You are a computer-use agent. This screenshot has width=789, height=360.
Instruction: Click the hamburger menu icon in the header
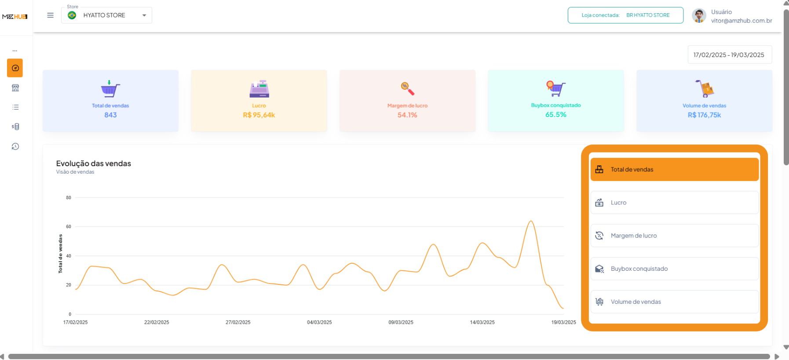coord(50,15)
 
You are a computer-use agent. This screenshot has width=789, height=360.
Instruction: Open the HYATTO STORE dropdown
coord(106,15)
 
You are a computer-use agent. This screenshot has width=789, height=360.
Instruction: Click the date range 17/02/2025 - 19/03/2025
coord(729,55)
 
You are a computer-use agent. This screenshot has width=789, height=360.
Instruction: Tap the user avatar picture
coord(699,16)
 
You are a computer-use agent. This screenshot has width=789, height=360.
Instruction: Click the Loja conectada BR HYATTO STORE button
coord(625,15)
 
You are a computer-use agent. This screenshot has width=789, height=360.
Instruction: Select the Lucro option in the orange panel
coord(674,203)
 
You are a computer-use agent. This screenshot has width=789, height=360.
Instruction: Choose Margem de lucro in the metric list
coord(674,236)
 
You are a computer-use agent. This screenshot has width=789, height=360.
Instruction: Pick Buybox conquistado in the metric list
coord(674,269)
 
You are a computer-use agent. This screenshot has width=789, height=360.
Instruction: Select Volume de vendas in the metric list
coord(674,302)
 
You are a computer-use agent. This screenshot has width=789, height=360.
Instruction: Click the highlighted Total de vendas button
coord(674,170)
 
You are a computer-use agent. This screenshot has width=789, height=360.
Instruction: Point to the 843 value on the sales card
coord(110,115)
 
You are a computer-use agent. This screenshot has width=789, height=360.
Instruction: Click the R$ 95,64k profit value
coord(259,115)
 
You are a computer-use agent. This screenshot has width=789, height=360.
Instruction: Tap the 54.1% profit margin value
coord(407,115)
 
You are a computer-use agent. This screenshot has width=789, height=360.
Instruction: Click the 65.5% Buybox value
coord(555,115)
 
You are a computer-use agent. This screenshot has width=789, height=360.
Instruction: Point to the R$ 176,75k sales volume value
coord(704,115)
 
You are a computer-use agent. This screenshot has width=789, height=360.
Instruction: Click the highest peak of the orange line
coord(531,221)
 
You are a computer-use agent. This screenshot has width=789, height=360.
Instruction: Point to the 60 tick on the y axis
coord(69,227)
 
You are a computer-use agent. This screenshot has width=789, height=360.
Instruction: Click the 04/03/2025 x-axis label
coord(319,322)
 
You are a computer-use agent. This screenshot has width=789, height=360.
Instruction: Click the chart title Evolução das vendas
coord(94,164)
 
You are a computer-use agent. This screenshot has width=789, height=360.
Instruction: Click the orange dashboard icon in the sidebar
coord(15,68)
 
